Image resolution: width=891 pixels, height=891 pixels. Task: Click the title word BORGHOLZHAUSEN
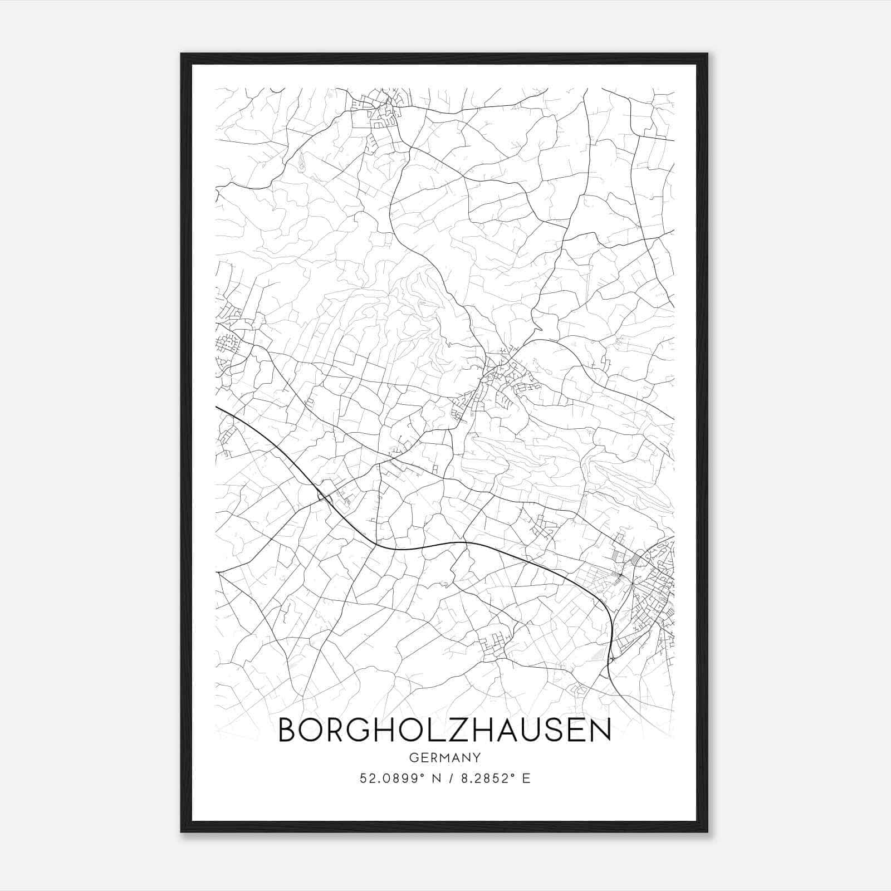[x=444, y=730]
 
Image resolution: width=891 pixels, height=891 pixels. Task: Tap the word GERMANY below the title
[x=444, y=757]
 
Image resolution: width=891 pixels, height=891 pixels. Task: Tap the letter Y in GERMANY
[x=476, y=757]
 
